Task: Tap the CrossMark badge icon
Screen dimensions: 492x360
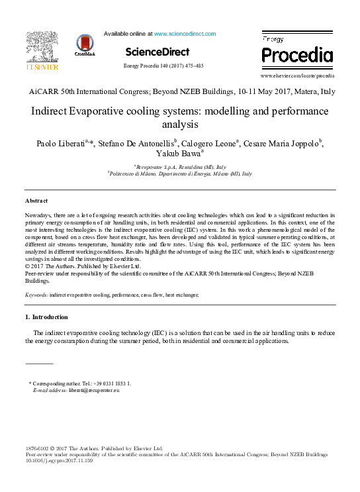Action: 85,45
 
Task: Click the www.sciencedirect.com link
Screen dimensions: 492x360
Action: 185,33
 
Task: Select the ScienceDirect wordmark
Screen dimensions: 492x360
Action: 157,52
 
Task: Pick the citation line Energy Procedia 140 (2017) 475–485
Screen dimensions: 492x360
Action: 163,66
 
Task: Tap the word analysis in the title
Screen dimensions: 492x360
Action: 180,124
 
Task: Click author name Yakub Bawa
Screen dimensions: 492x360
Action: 178,154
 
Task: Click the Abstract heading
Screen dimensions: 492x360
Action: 36,200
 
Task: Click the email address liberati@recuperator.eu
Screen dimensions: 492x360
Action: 95,391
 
